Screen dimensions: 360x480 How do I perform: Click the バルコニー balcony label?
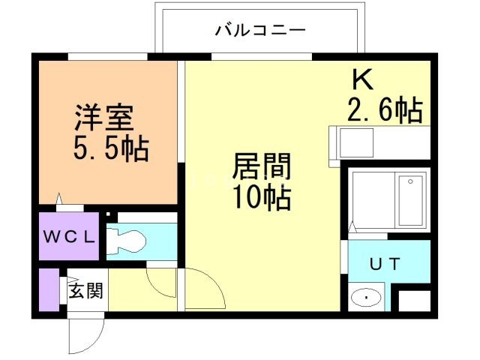coord(260,31)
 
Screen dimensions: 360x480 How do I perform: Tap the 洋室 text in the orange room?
coord(103,118)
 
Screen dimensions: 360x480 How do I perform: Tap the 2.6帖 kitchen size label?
coord(385,111)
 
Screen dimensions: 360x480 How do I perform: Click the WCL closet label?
coord(68,238)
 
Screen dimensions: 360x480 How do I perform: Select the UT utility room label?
coord(384,263)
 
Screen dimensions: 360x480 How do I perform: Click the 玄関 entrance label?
coord(85,290)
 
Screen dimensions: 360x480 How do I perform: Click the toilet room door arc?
coord(159,282)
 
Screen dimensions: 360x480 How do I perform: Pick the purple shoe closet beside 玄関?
coord(49,289)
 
